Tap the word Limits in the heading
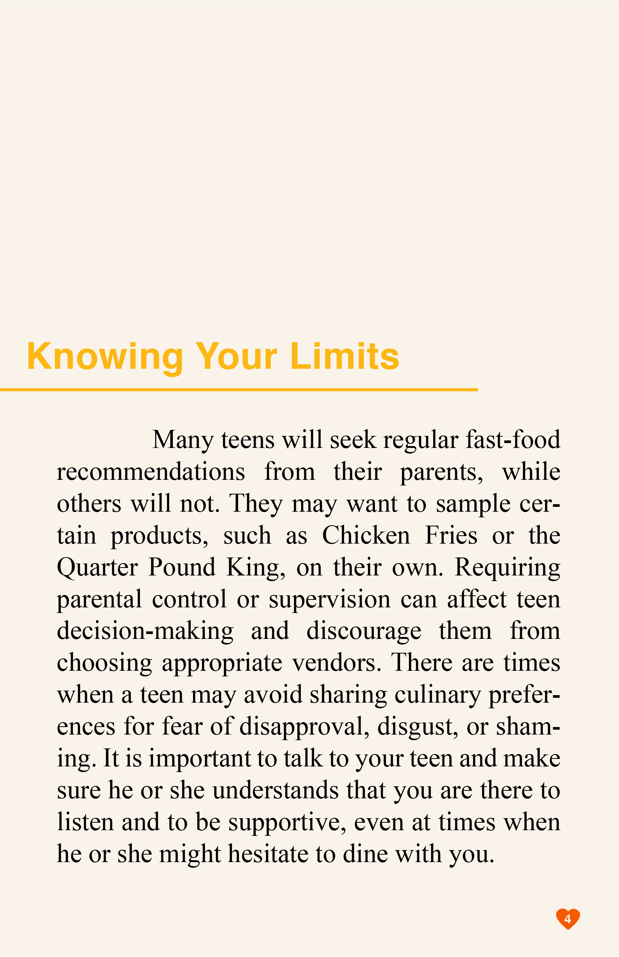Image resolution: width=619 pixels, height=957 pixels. click(x=345, y=356)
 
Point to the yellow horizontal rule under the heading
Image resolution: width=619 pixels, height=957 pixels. click(x=239, y=390)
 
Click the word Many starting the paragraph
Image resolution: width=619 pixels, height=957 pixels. click(x=183, y=440)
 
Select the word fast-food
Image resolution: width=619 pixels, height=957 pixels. click(x=513, y=440)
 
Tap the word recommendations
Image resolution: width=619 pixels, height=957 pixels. click(x=151, y=472)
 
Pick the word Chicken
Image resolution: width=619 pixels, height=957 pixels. click(x=366, y=536)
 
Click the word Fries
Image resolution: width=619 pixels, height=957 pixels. click(x=451, y=536)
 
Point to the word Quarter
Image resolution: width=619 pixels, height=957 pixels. click(x=97, y=568)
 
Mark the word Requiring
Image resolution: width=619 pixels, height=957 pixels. click(x=507, y=568)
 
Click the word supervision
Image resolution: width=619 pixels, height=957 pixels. click(x=330, y=599)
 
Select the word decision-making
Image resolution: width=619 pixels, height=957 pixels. click(x=145, y=631)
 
